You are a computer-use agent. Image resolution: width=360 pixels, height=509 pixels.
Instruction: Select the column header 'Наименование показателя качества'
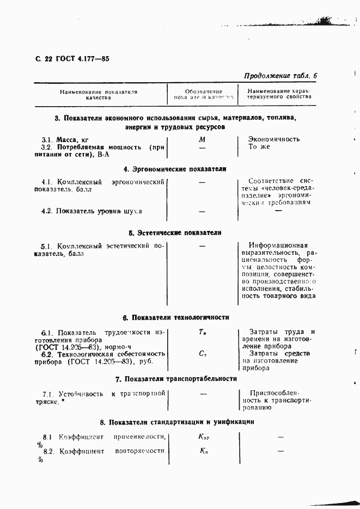(99, 94)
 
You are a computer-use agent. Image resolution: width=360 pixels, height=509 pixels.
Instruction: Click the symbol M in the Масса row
(202, 139)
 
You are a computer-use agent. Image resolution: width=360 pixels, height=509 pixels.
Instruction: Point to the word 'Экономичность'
(274, 139)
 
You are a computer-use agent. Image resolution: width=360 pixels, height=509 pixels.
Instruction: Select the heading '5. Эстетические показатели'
(175, 232)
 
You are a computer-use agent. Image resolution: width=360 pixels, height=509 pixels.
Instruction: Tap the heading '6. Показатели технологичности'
(176, 317)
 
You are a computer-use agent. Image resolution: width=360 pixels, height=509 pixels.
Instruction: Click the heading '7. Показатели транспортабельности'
(176, 379)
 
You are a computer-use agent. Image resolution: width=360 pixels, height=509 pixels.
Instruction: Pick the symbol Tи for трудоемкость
(202, 332)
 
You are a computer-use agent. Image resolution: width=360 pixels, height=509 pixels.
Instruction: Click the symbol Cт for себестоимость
(202, 354)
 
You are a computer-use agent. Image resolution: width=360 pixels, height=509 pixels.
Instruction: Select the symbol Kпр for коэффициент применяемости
(204, 437)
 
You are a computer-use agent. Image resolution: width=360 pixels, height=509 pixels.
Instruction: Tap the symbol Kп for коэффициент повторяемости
(203, 451)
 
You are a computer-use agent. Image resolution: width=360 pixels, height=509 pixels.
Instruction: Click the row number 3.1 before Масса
(47, 139)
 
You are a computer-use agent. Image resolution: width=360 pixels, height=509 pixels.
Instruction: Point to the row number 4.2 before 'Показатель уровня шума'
(47, 211)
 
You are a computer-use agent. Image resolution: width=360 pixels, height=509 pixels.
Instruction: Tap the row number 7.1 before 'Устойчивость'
(47, 394)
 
